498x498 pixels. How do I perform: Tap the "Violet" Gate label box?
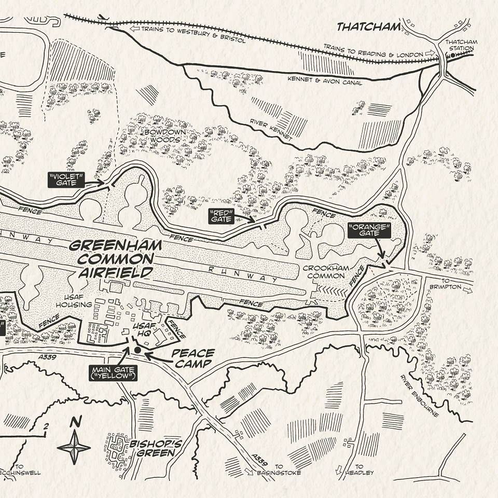point(66,179)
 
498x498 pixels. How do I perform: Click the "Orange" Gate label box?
point(369,231)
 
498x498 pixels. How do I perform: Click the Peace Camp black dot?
point(137,351)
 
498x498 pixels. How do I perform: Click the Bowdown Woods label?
point(162,136)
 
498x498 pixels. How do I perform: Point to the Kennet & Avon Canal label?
point(324,81)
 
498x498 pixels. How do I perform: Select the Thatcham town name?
point(369,27)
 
